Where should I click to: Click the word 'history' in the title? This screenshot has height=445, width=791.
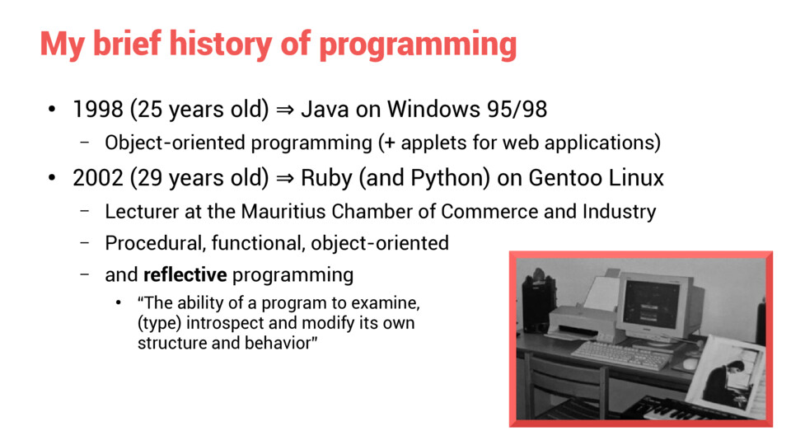click(221, 44)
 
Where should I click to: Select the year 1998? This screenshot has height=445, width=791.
click(98, 109)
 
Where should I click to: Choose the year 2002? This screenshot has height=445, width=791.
click(98, 178)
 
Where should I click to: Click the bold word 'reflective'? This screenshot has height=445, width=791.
click(185, 275)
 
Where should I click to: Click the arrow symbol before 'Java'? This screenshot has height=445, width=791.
click(285, 110)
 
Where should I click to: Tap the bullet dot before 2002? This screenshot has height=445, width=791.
click(51, 178)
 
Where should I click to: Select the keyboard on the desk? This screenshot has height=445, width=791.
click(620, 354)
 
